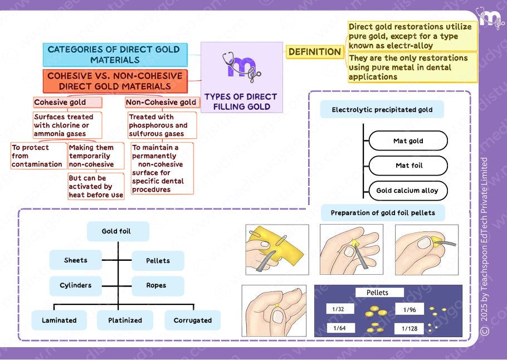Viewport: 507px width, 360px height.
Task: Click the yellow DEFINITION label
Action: pos(315,52)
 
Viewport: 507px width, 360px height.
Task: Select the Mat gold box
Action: pos(408,141)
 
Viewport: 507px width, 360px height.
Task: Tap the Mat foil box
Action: pos(408,166)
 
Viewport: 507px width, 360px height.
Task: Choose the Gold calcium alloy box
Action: pos(408,191)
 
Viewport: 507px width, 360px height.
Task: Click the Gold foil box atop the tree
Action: pos(117,231)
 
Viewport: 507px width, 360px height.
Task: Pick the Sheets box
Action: pos(76,260)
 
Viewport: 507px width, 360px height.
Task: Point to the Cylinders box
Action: pos(76,285)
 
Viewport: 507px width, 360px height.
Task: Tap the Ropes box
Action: pos(157,285)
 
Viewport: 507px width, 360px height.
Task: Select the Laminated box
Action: pos(59,320)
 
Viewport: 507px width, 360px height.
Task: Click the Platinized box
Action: pos(125,320)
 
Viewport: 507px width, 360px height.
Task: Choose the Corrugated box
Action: pos(193,320)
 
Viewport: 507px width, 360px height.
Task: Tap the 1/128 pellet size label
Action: pos(409,329)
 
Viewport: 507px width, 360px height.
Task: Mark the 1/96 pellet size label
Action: pos(409,310)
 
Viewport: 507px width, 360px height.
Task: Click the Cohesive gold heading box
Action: pos(67,103)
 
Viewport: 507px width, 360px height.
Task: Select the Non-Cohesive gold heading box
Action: pos(161,103)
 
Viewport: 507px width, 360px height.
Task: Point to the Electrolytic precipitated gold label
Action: pos(382,110)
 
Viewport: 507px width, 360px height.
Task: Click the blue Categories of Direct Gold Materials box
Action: pos(115,55)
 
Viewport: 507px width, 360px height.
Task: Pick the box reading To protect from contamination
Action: pos(38,156)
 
